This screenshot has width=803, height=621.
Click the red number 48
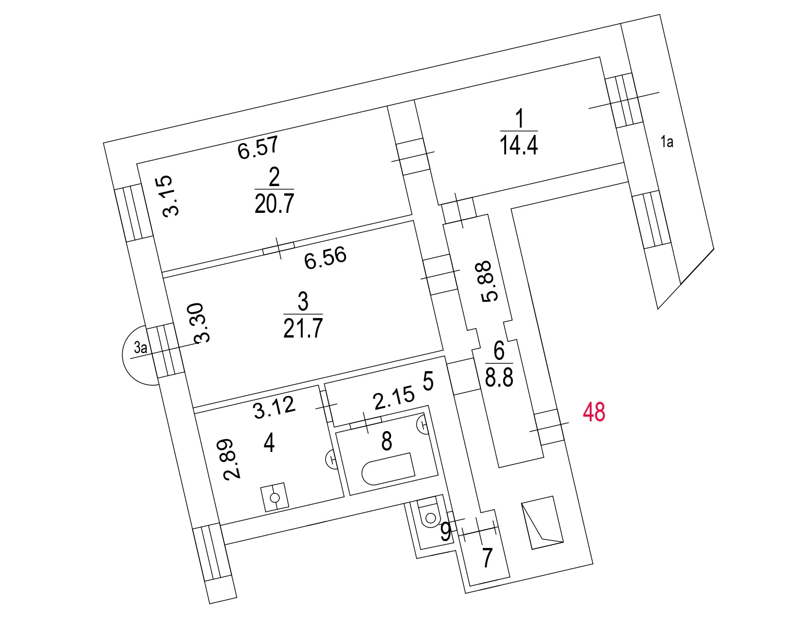click(594, 413)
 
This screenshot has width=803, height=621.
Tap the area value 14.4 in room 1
click(519, 145)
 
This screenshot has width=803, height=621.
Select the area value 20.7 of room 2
click(274, 204)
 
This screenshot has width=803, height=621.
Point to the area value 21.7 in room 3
click(303, 328)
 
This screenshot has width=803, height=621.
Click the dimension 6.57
click(258, 148)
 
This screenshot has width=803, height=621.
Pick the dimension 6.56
click(325, 258)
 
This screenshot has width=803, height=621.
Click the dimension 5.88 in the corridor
click(490, 282)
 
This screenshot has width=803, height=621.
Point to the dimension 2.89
click(233, 459)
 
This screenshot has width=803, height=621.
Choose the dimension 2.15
click(394, 398)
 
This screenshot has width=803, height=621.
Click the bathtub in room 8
click(388, 469)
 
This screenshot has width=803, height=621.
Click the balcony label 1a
click(667, 142)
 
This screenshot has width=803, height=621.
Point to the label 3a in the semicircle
click(141, 348)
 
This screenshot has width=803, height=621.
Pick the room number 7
click(487, 558)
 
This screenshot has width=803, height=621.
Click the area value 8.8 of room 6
click(499, 377)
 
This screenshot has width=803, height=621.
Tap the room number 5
click(428, 381)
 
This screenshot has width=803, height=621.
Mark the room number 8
click(386, 441)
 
